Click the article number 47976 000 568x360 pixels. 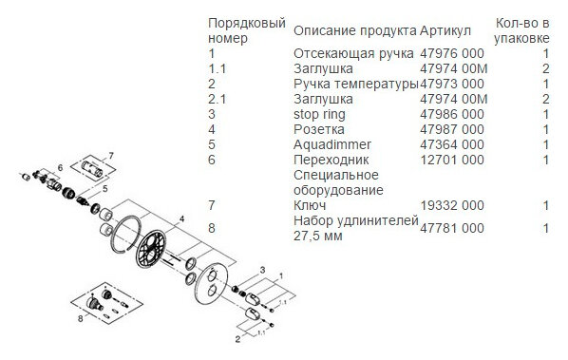pyautogui.click(x=453, y=54)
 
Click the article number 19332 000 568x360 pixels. pyautogui.click(x=453, y=204)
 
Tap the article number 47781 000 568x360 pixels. pyautogui.click(x=453, y=228)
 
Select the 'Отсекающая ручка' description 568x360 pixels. pyautogui.click(x=352, y=54)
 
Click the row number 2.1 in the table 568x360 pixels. pyautogui.click(x=217, y=99)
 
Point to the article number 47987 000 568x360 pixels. pyautogui.click(x=453, y=128)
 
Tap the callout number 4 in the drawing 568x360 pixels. pyautogui.click(x=180, y=218)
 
